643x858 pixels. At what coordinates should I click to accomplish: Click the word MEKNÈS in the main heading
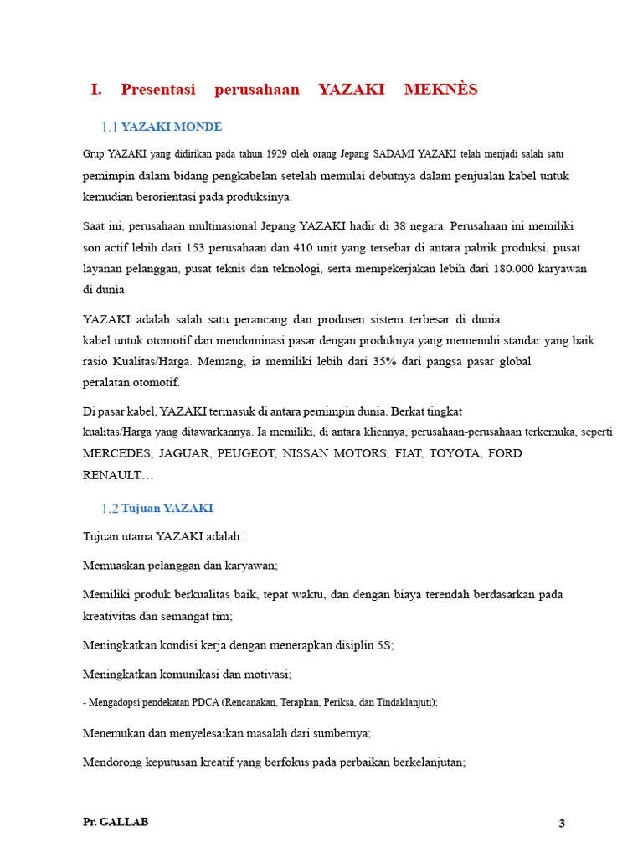tap(441, 90)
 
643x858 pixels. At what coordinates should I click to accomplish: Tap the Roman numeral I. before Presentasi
tap(96, 90)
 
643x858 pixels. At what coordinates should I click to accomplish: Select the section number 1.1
tap(110, 127)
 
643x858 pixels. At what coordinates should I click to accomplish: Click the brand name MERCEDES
tap(117, 453)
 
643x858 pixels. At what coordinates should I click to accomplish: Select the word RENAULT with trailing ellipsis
tap(118, 475)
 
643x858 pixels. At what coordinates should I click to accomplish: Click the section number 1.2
tap(110, 509)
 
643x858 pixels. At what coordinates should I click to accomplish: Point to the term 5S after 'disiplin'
tap(383, 645)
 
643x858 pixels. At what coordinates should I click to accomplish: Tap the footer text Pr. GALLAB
tap(116, 822)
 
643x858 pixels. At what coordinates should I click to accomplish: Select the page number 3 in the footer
tap(563, 824)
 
